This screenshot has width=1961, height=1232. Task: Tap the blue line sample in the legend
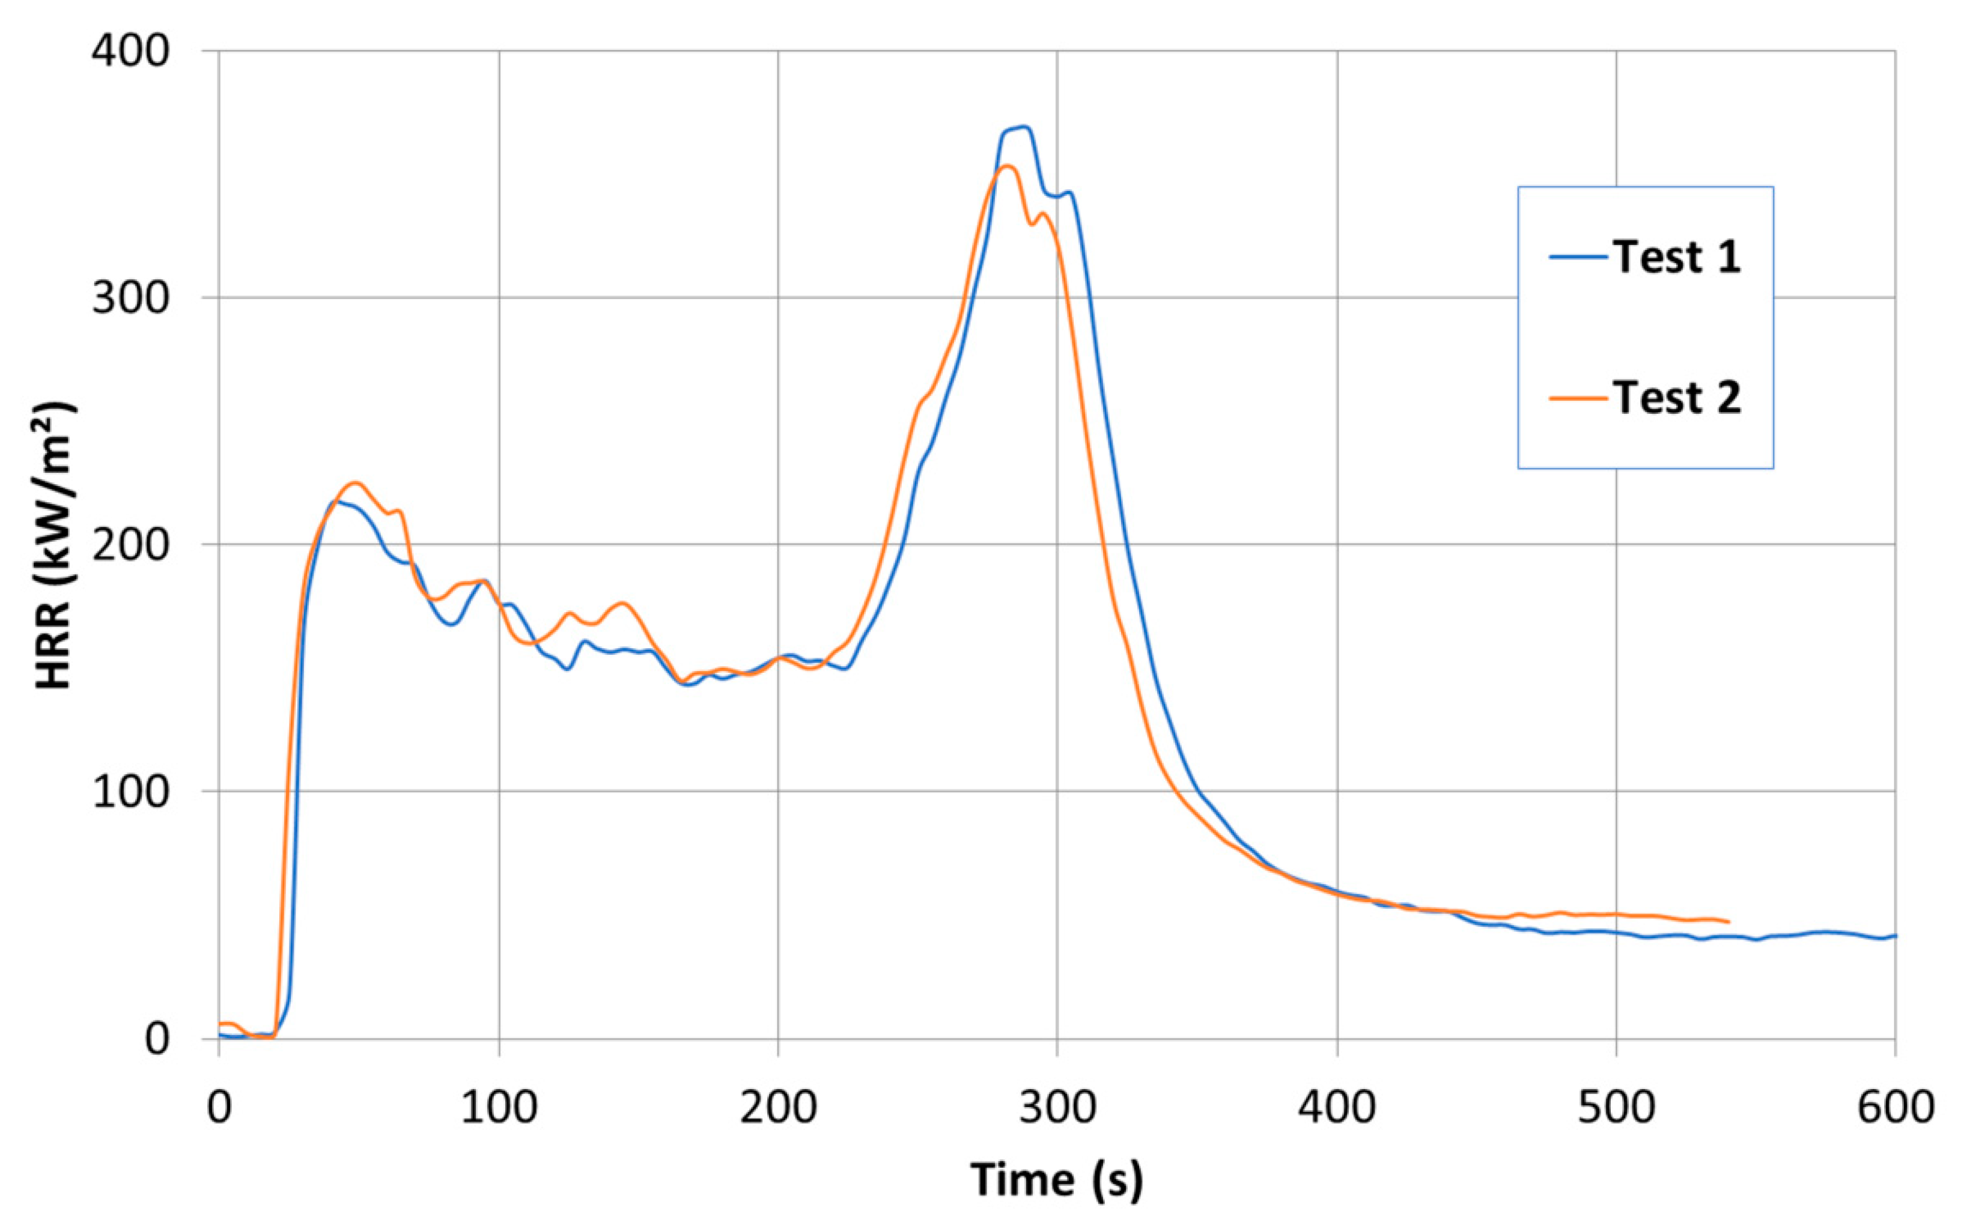(x=1578, y=257)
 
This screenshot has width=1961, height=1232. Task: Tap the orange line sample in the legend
(x=1578, y=398)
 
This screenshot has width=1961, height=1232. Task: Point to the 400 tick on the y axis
(x=130, y=51)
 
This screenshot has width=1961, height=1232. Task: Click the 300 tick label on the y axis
(x=130, y=298)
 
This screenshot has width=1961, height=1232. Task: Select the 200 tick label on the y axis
(x=130, y=545)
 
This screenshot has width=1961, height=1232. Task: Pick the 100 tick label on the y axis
(x=130, y=792)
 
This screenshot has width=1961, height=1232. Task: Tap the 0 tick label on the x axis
(x=219, y=1108)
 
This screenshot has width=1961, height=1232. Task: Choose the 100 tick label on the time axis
(x=499, y=1108)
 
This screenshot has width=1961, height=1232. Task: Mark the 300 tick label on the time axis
(x=1057, y=1108)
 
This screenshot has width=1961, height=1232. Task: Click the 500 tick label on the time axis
(x=1616, y=1108)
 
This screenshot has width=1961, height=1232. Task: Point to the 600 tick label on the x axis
(x=1894, y=1108)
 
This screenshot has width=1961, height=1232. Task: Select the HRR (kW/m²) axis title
(x=55, y=545)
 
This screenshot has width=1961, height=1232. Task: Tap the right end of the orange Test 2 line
(x=1728, y=922)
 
